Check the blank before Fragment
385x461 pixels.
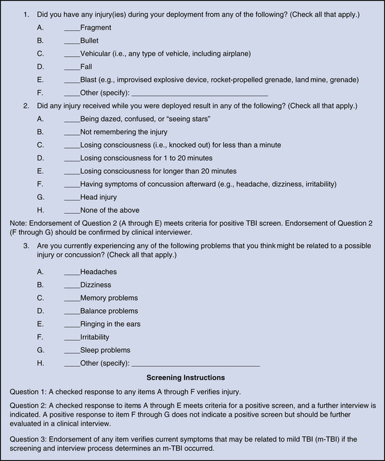pyautogui.click(x=71, y=28)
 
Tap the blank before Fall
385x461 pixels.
pyautogui.click(x=71, y=67)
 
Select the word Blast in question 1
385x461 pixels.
pyautogui.click(x=90, y=80)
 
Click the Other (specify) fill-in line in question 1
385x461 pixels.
pyautogui.click(x=200, y=93)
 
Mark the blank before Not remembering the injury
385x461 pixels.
pyautogui.click(x=71, y=132)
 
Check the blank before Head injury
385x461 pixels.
pyautogui.click(x=71, y=197)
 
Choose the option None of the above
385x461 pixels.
pyautogui.click(x=114, y=210)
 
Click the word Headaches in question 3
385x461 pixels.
pyautogui.click(x=98, y=272)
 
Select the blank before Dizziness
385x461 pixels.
pyautogui.click(x=71, y=285)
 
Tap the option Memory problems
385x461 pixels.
pyautogui.click(x=109, y=298)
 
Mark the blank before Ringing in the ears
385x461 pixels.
pyautogui.click(x=71, y=325)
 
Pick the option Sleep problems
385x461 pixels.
pyautogui.click(x=105, y=350)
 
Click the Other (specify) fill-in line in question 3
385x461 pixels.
pyautogui.click(x=196, y=364)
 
